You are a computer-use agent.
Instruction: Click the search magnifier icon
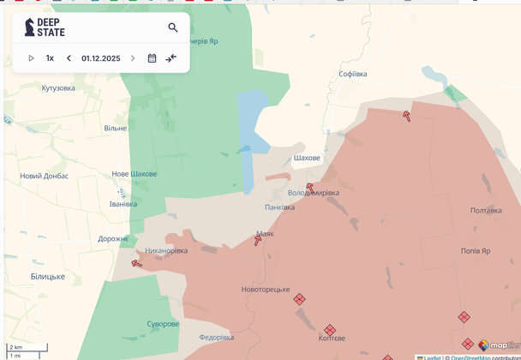(173, 27)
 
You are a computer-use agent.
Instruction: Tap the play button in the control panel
(32, 58)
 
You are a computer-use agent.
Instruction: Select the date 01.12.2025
(100, 58)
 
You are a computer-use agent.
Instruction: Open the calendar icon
(152, 58)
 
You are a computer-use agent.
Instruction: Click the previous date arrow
(69, 58)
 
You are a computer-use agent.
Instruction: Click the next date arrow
(133, 58)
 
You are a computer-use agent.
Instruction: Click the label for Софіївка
(352, 75)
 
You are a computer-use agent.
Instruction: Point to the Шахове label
(307, 159)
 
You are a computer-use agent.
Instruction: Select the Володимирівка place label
(314, 193)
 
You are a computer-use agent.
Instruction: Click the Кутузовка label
(58, 88)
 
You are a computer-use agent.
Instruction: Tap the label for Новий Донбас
(45, 177)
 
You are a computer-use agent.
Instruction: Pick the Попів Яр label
(476, 251)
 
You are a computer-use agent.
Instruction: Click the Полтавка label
(486, 210)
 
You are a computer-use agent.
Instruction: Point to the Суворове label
(163, 324)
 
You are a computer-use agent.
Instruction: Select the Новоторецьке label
(266, 290)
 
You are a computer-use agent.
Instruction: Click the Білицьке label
(48, 276)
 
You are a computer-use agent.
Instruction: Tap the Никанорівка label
(166, 251)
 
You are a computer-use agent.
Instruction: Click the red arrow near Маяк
(258, 241)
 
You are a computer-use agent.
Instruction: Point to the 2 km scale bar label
(15, 347)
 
